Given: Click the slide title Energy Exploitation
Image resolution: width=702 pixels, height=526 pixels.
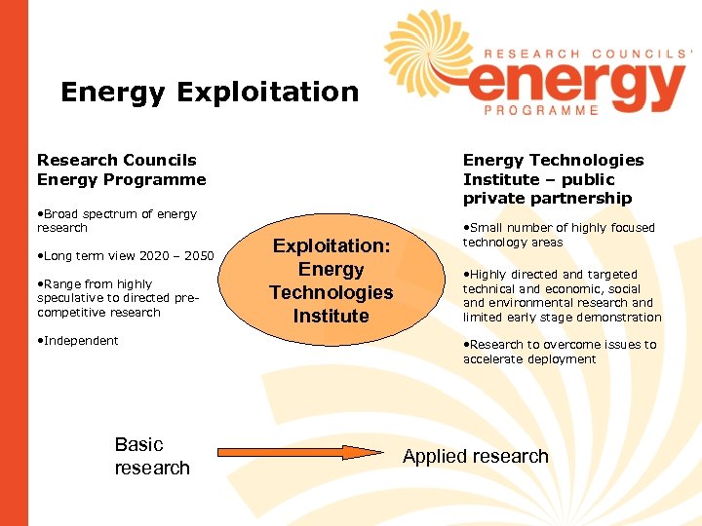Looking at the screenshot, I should (210, 93).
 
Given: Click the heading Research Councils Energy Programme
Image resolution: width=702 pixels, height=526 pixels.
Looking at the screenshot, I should (121, 169).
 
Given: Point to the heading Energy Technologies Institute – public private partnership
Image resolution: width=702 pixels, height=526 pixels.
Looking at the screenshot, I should (553, 179).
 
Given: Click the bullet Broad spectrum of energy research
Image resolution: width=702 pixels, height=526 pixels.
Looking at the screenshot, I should (117, 220).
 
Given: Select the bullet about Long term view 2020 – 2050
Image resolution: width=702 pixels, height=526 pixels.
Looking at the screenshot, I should (124, 256).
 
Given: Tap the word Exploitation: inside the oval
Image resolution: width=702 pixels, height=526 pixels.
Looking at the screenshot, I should (331, 246).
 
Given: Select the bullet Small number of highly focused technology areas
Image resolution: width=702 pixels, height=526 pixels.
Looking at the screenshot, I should (559, 235).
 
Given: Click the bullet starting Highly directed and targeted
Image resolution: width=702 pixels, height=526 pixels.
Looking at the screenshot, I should (562, 296).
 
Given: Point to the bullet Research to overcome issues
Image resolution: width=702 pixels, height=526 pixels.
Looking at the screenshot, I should (560, 352).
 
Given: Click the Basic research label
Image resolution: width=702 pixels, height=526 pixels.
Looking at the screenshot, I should (151, 456).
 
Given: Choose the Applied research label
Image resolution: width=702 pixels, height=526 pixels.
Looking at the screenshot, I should (476, 456).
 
